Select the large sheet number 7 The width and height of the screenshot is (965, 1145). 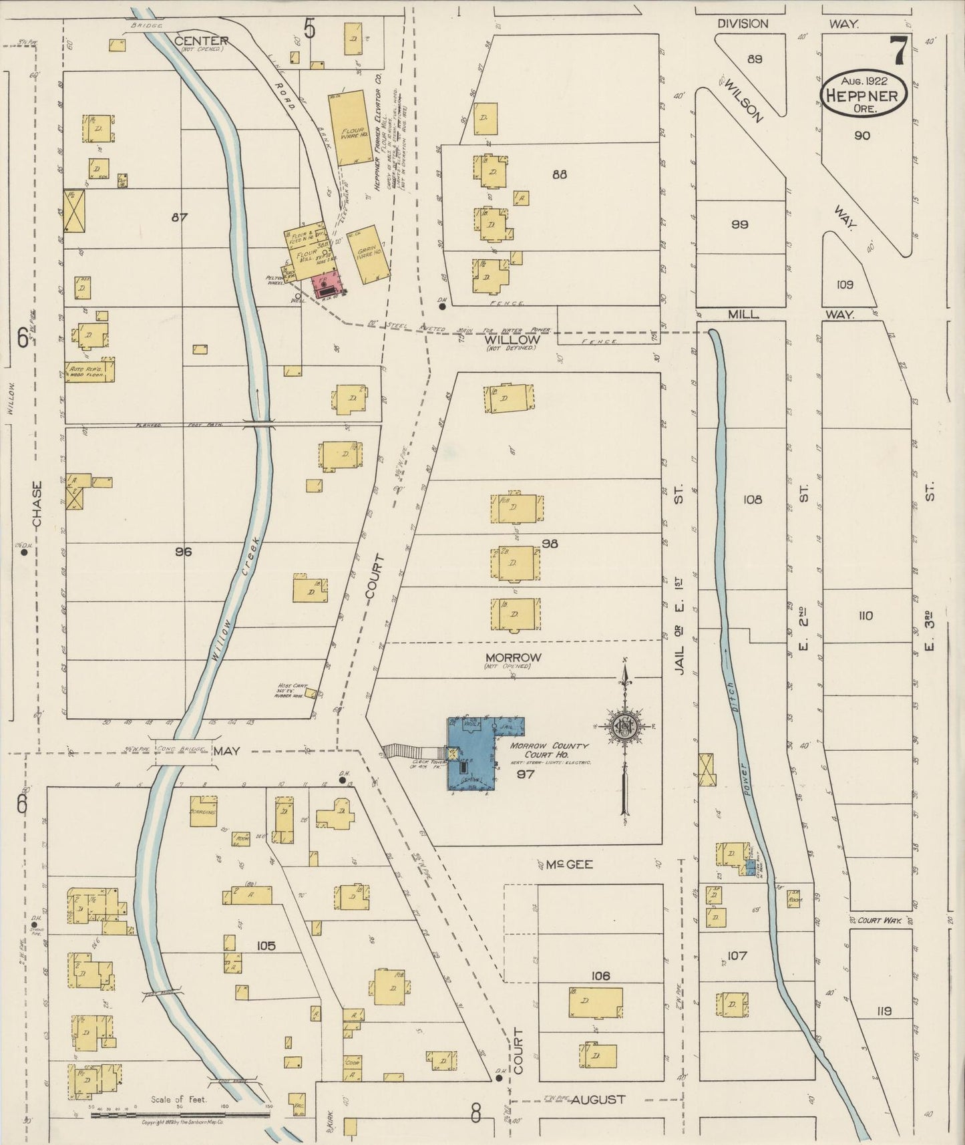898,50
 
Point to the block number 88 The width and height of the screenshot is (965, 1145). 560,175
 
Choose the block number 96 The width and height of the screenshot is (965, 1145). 184,552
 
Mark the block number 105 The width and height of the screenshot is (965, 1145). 266,945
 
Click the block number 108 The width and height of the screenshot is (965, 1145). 753,499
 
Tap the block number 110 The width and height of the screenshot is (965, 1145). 865,615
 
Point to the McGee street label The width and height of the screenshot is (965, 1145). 560,864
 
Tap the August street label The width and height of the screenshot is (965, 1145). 598,1099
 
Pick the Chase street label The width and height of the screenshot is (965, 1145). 37,504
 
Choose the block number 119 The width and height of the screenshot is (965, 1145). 884,1011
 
